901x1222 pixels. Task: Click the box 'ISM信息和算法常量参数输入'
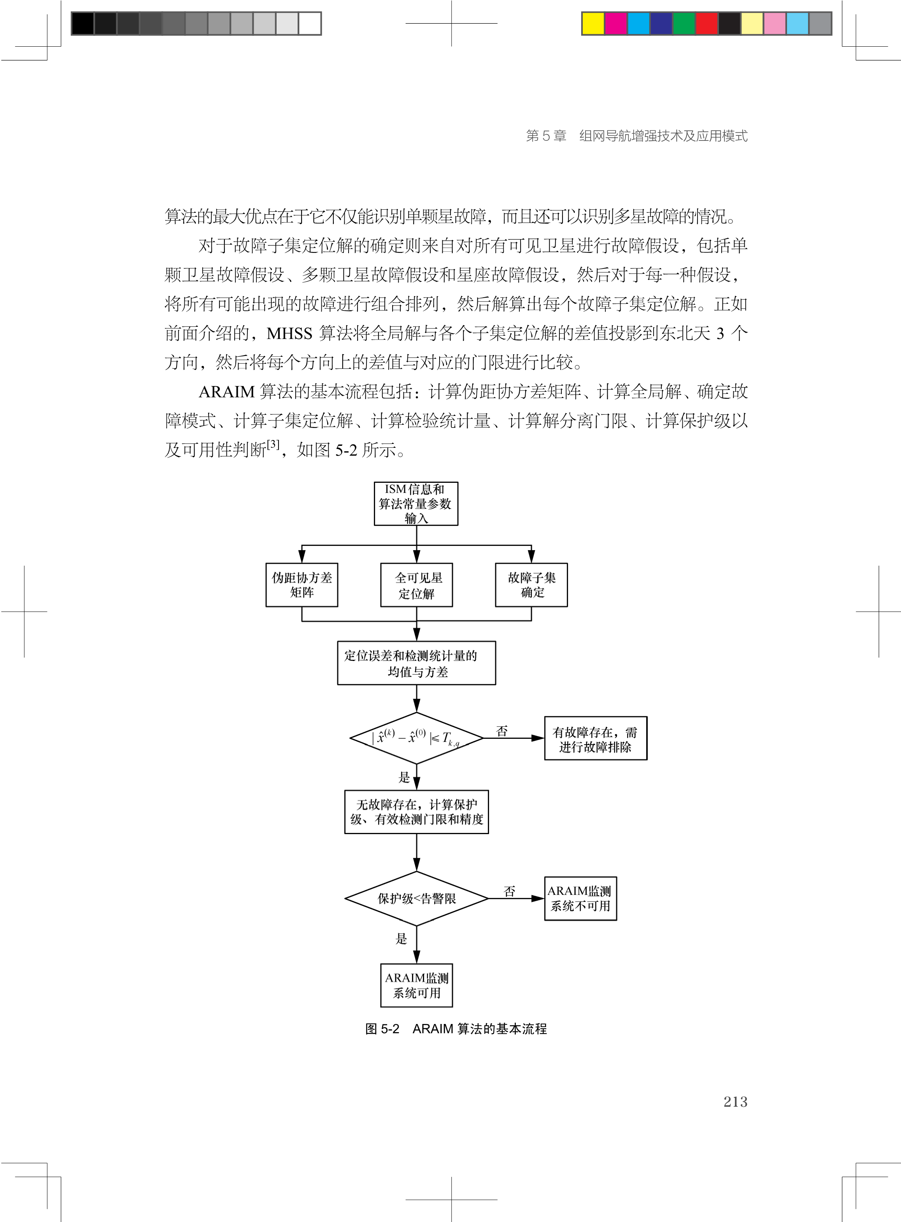click(x=415, y=503)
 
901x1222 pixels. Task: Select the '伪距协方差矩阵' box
click(x=302, y=585)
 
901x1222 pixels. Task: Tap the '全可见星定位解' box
click(x=416, y=585)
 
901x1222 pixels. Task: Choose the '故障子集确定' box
click(x=531, y=585)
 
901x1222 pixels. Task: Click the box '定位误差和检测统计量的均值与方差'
click(x=416, y=663)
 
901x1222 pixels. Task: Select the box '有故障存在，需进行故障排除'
click(x=596, y=738)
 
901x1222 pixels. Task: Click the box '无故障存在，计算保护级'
click(x=416, y=812)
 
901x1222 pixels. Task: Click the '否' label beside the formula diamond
click(x=502, y=731)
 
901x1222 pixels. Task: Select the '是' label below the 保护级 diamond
click(x=401, y=938)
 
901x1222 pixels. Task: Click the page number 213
click(x=735, y=1101)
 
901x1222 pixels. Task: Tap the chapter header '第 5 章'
click(x=545, y=136)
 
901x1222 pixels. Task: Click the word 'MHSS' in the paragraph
click(x=289, y=333)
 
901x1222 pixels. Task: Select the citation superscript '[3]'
click(x=273, y=444)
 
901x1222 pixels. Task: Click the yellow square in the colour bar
click(x=593, y=23)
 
